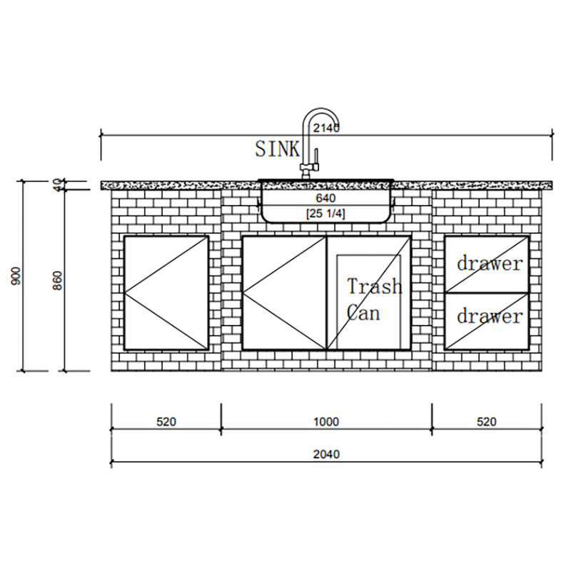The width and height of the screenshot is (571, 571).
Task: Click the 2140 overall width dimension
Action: click(326, 128)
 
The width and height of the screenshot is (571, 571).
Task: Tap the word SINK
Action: click(278, 149)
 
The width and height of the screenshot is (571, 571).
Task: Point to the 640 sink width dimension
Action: click(326, 198)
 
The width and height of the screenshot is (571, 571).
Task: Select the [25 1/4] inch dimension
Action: click(325, 213)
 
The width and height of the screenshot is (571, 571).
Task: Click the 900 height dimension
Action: click(16, 276)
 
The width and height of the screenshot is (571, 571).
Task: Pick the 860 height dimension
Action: click(58, 281)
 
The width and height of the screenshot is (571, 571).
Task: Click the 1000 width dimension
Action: click(326, 422)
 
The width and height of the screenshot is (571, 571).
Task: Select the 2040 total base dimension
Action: click(326, 455)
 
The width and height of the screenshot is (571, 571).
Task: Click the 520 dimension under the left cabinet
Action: click(166, 422)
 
